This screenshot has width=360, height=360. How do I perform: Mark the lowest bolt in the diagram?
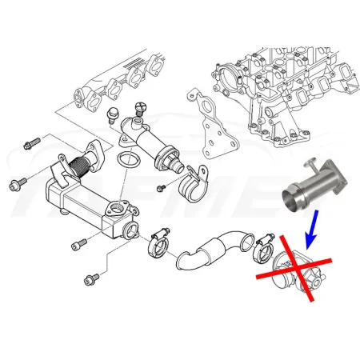pyautogui.click(x=90, y=279)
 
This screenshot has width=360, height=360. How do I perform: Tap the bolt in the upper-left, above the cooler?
pyautogui.click(x=33, y=143)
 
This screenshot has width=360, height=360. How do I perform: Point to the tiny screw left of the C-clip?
pyautogui.click(x=159, y=188)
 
